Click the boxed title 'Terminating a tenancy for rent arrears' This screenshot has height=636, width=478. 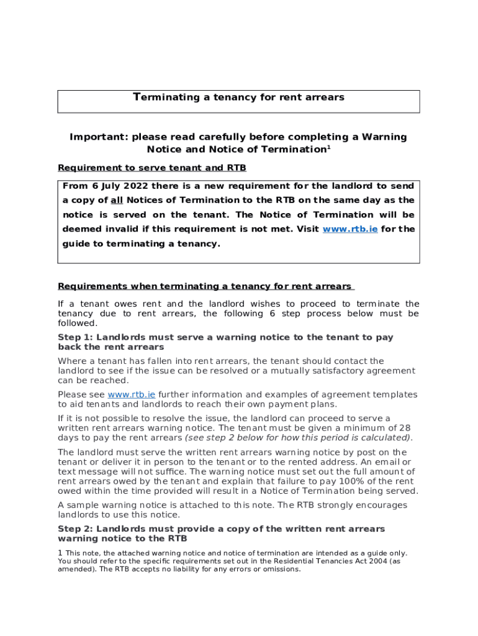238,98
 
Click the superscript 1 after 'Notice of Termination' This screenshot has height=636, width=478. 329,147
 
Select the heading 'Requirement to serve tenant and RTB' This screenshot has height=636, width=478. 151,168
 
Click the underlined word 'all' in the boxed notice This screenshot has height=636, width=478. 116,201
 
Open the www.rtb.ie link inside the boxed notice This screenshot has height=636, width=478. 350,229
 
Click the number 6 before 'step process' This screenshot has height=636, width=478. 272,314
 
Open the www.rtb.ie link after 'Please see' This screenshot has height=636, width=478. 131,395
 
